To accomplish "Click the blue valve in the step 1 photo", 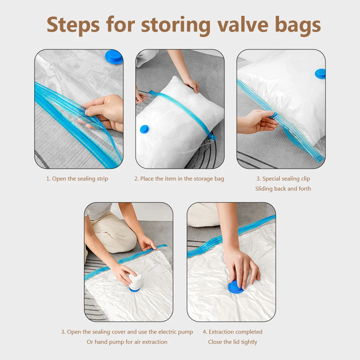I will [114, 57].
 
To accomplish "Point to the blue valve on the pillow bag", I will [144, 129].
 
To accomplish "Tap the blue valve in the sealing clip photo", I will [320, 74].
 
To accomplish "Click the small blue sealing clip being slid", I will [274, 115].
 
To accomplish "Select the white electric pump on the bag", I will [135, 282].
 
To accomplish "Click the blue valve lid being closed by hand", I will [236, 287].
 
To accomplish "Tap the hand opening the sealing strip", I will [102, 111].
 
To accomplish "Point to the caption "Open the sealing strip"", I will [79, 179].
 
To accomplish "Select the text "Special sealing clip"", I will [286, 179].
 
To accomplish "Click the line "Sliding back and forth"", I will [283, 189].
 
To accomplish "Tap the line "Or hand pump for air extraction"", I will [127, 342].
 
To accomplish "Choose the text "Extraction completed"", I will [236, 332].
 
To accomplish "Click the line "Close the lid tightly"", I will [233, 342].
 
